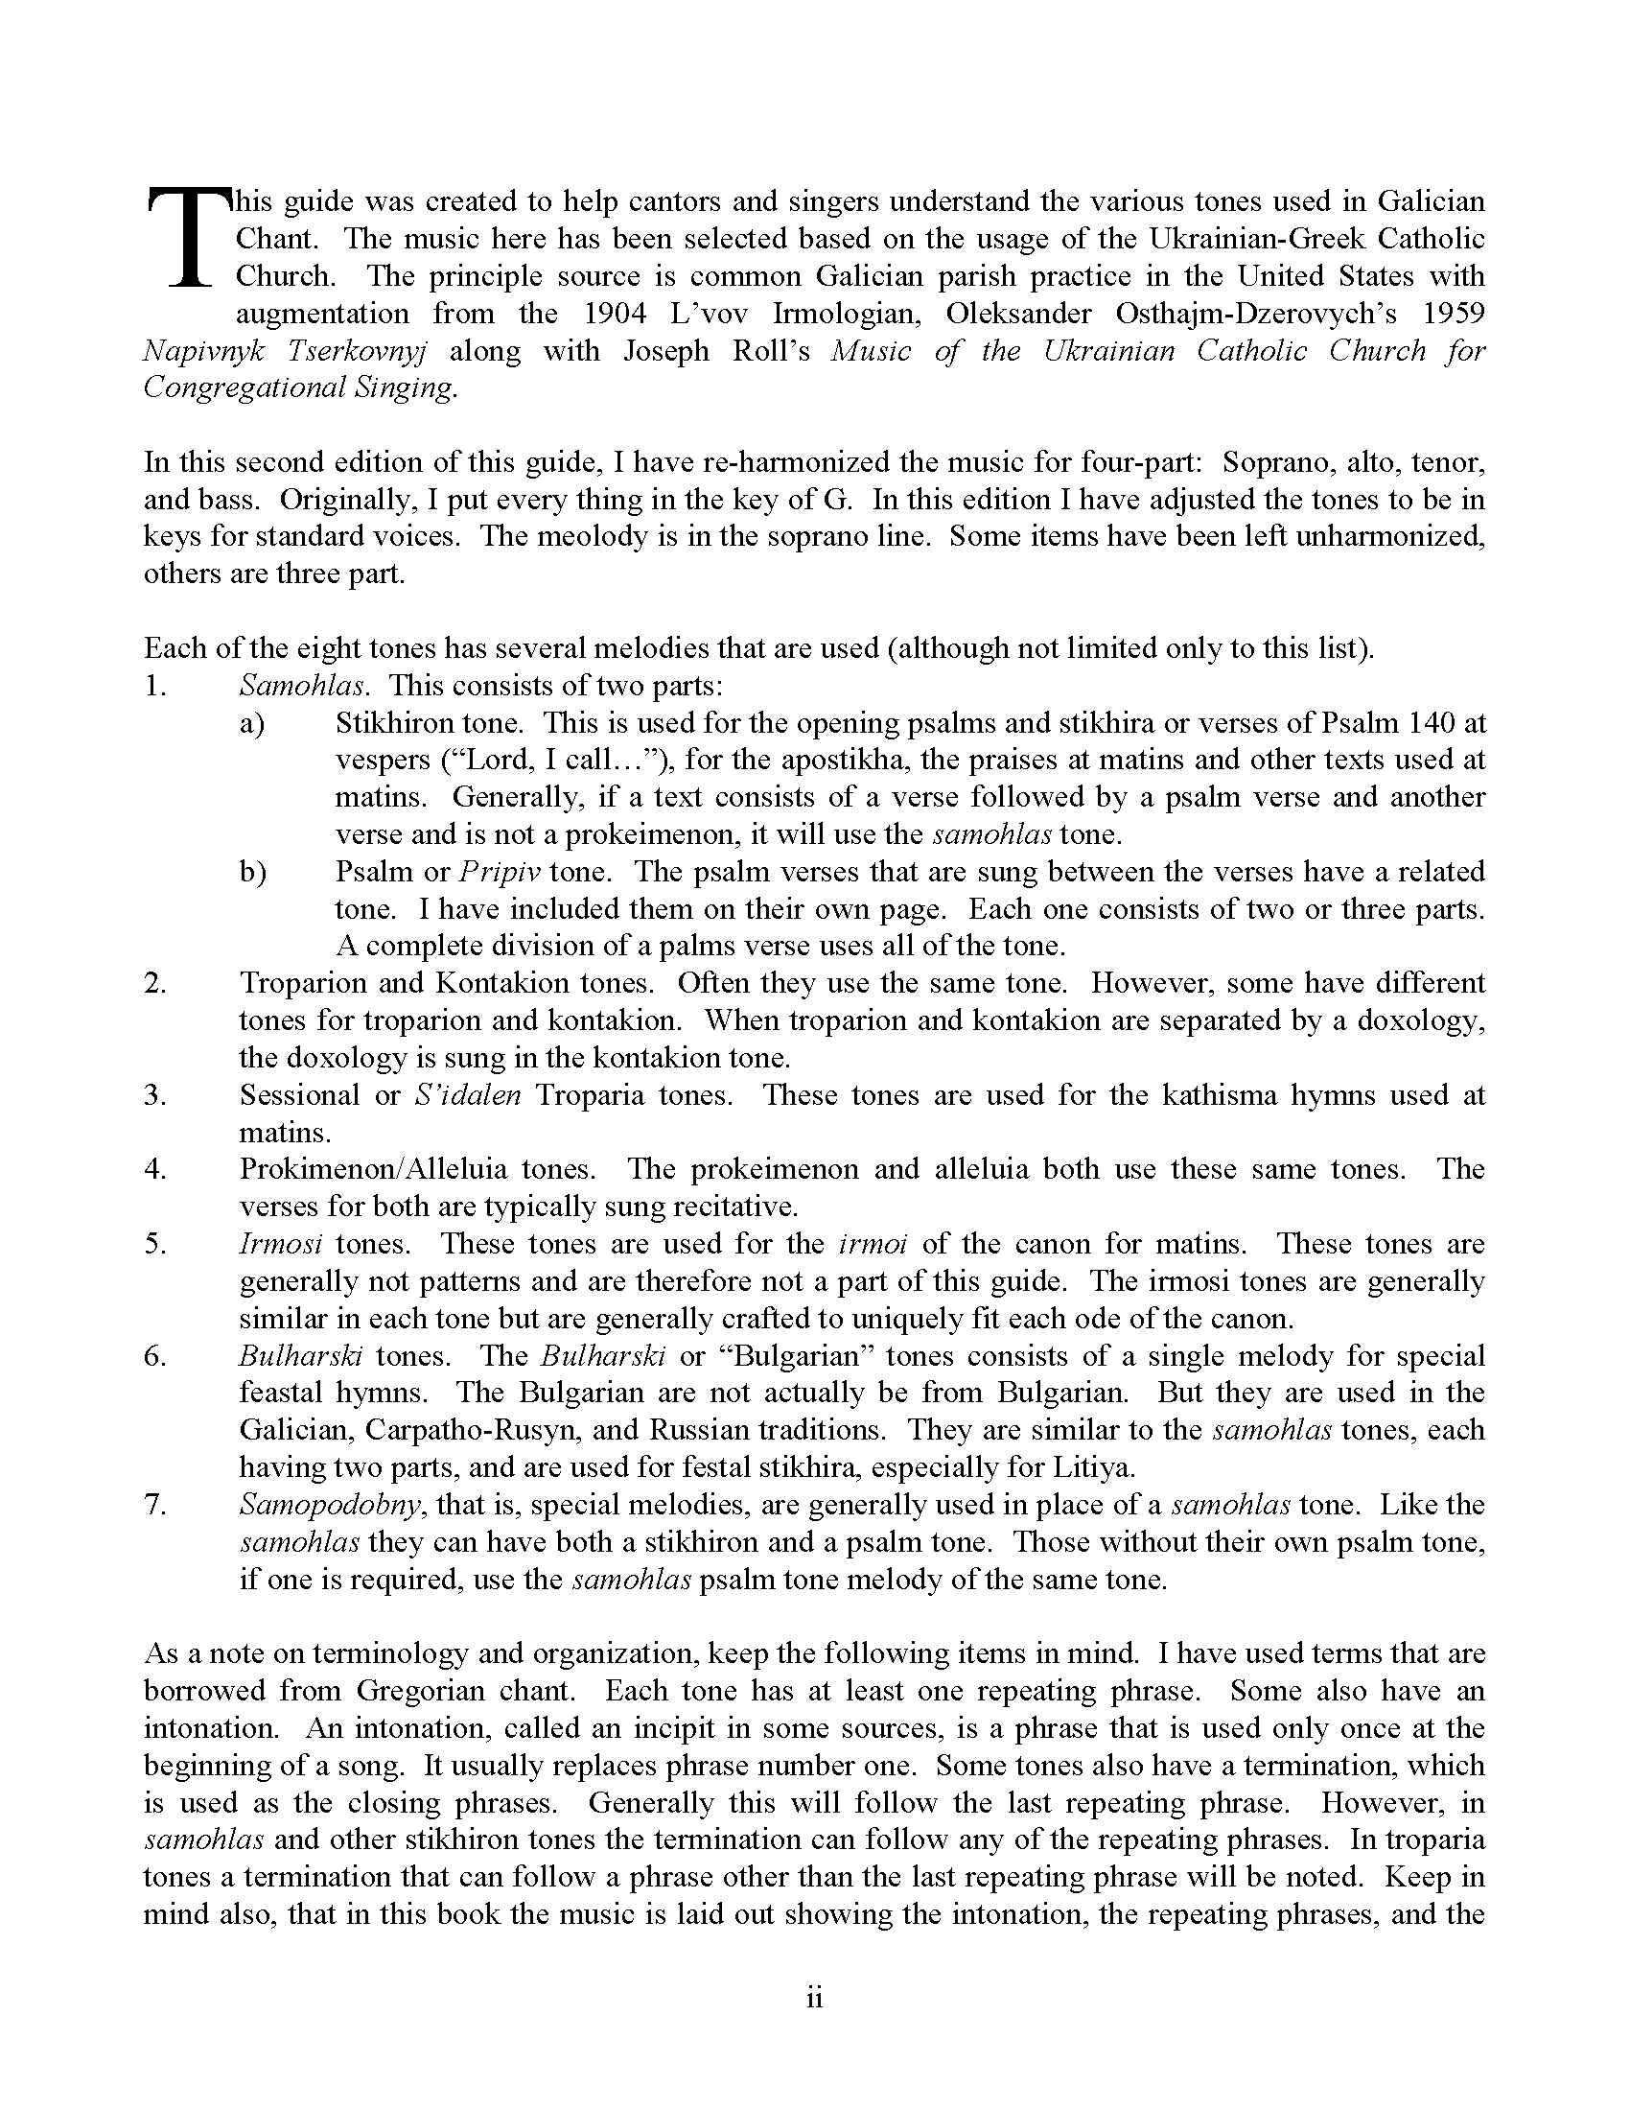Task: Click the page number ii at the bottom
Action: click(814, 1998)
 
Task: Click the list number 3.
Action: click(155, 1095)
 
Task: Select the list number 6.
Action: click(155, 1356)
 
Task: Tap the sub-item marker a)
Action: click(252, 723)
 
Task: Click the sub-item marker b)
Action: click(253, 872)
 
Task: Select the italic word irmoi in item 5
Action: click(873, 1244)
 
